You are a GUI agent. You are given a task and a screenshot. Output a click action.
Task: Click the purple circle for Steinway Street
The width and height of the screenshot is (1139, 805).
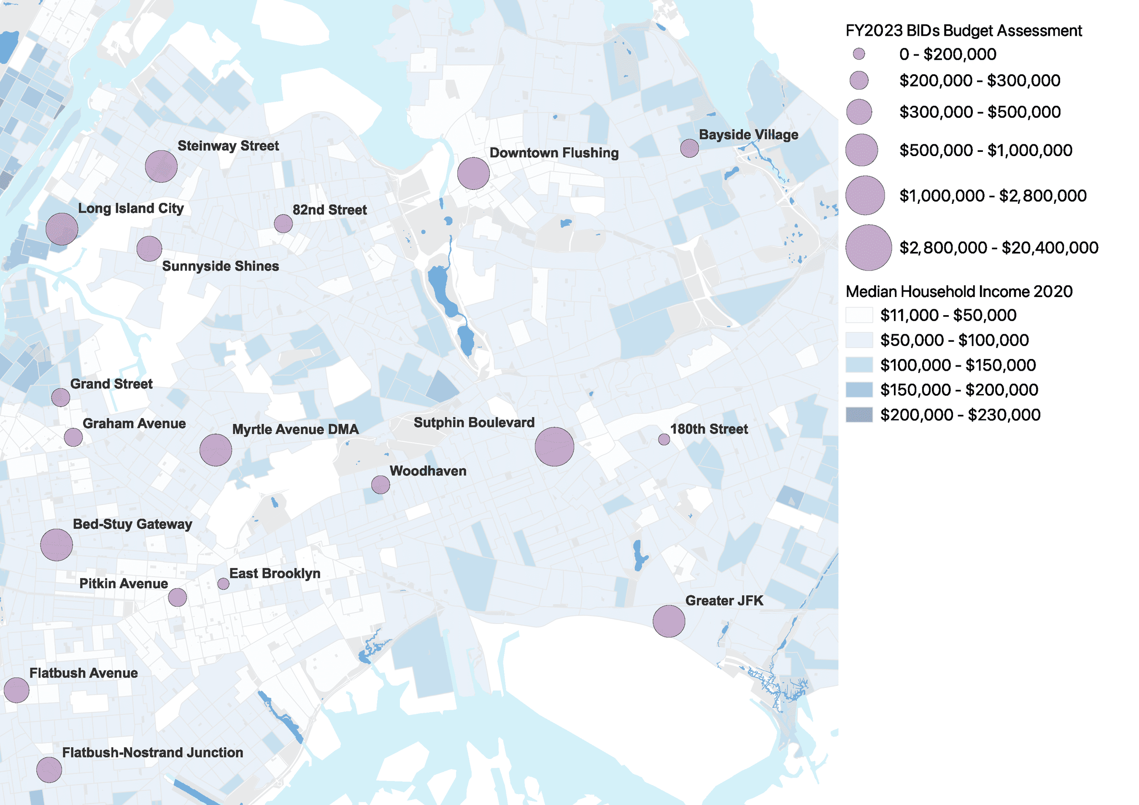[x=161, y=166]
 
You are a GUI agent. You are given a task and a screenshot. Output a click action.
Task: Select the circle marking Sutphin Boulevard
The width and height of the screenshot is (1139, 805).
[x=554, y=446]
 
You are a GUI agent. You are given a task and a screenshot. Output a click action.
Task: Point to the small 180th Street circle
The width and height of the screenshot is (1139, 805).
[x=664, y=440]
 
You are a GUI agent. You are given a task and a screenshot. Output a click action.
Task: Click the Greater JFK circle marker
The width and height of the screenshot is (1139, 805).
[x=669, y=621]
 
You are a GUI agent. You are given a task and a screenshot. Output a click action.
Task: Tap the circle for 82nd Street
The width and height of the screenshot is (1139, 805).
[x=283, y=224]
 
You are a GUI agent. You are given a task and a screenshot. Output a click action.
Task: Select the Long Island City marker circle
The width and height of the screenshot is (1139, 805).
[x=62, y=229]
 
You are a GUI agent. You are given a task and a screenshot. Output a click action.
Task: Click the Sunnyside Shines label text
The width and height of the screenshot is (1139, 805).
[x=220, y=266]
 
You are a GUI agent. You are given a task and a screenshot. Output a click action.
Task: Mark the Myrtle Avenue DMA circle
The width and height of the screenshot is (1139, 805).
[x=216, y=450]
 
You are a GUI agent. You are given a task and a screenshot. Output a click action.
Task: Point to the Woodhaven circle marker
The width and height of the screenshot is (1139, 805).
[x=381, y=485]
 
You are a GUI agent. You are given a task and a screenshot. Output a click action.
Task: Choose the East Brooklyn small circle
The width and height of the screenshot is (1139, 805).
[x=223, y=584]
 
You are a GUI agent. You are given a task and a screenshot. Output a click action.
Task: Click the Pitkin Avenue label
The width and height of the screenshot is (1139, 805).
[x=124, y=584]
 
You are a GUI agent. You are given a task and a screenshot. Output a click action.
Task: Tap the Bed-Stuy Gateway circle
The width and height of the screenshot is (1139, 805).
[x=57, y=545]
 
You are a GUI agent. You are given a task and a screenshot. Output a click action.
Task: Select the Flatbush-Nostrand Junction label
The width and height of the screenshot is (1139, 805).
[x=152, y=752]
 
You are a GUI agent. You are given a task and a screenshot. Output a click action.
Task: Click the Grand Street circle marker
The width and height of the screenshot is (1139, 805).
[x=60, y=397]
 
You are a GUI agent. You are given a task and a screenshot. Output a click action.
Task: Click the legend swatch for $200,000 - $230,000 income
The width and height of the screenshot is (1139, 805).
[x=859, y=415]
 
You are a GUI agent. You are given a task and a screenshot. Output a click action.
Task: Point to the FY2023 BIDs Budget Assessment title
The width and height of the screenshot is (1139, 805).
[x=963, y=31]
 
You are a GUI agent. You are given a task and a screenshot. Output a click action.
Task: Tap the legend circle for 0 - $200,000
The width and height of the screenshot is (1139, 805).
[x=859, y=54]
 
